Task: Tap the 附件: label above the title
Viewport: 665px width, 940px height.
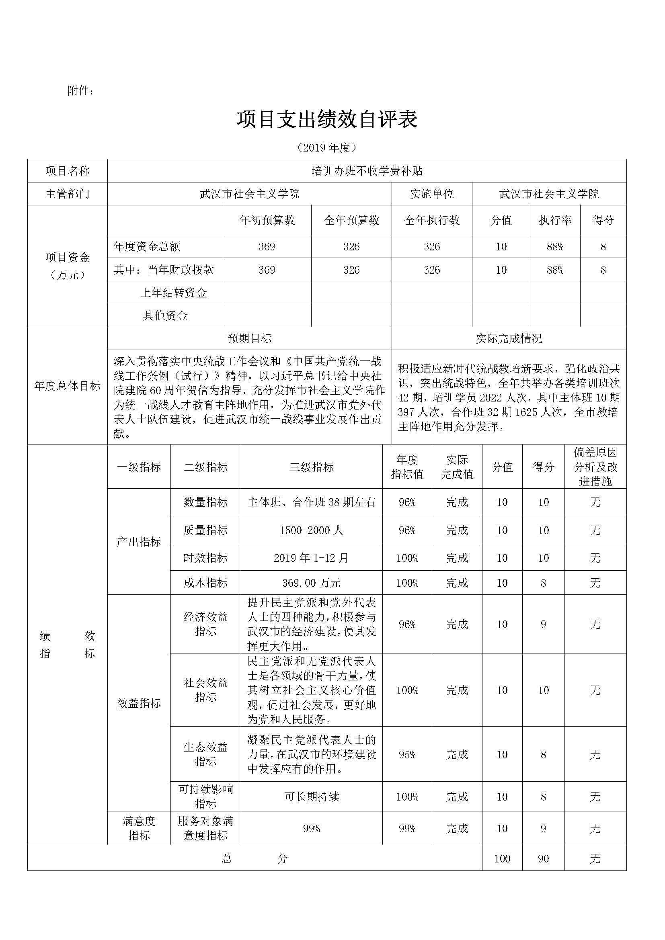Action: coord(81,91)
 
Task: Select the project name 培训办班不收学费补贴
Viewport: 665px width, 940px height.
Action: coord(367,171)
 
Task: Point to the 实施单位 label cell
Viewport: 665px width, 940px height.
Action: coord(431,194)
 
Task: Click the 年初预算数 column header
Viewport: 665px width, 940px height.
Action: coord(267,220)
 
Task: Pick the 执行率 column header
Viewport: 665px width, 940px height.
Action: coord(555,220)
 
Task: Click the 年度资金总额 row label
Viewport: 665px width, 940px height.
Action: coord(147,246)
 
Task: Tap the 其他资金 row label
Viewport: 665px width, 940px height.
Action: coord(165,315)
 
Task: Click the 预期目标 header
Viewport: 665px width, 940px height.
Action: coord(249,338)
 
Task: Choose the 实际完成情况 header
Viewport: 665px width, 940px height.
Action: coord(509,338)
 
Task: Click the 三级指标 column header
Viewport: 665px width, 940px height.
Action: coord(311,467)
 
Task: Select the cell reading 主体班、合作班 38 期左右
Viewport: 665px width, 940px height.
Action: coord(311,502)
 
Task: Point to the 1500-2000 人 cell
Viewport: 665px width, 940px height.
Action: coord(311,530)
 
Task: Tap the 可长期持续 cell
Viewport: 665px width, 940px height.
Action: coord(311,796)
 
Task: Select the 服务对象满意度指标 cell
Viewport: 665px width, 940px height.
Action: coord(205,828)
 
